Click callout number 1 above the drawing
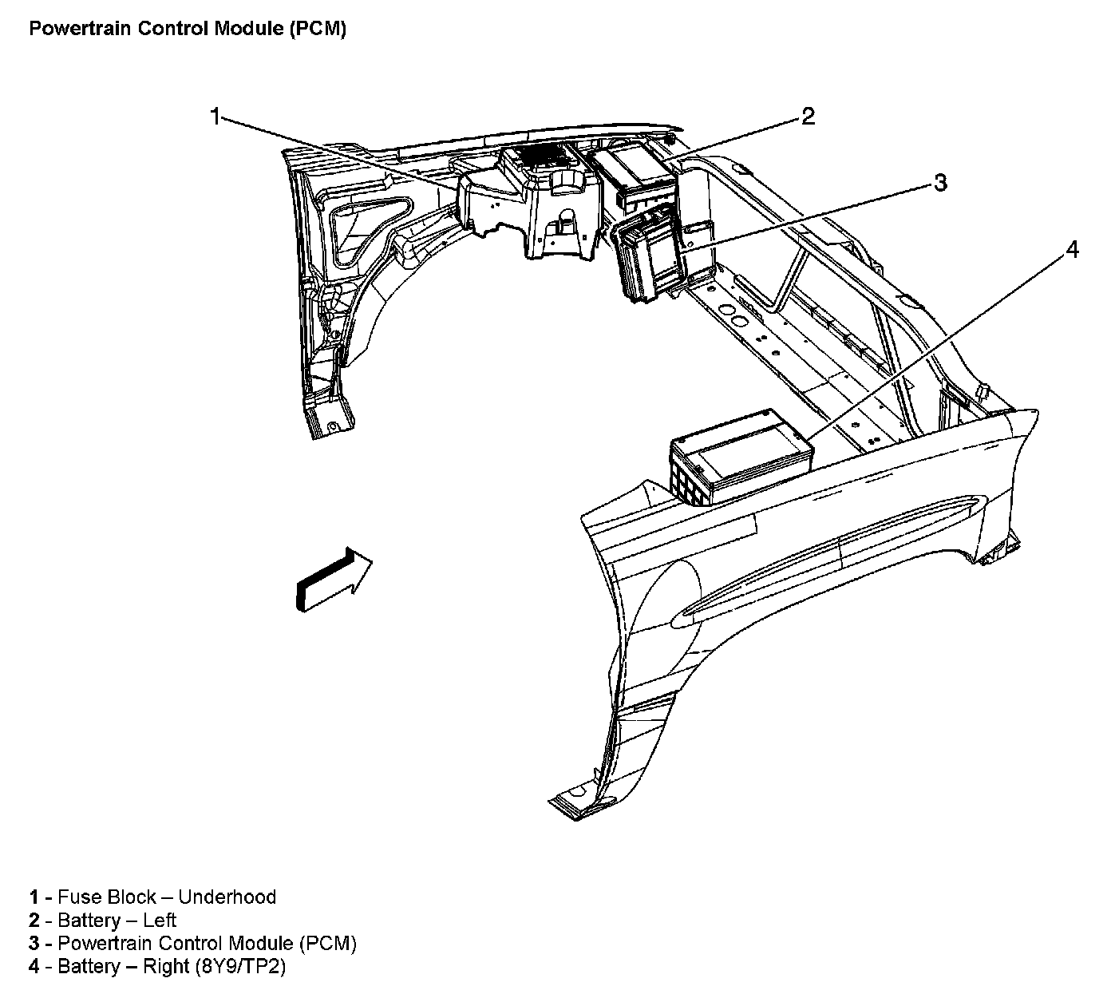coord(214,117)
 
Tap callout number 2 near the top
coord(808,117)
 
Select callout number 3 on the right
coord(940,183)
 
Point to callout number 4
coord(1072,251)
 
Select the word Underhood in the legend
coord(227,897)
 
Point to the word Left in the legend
coord(160,920)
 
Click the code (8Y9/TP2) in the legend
coord(239,967)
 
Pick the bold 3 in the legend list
coord(34,943)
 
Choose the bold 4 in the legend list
coord(34,967)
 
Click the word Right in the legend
coord(165,967)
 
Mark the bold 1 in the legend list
coord(34,897)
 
